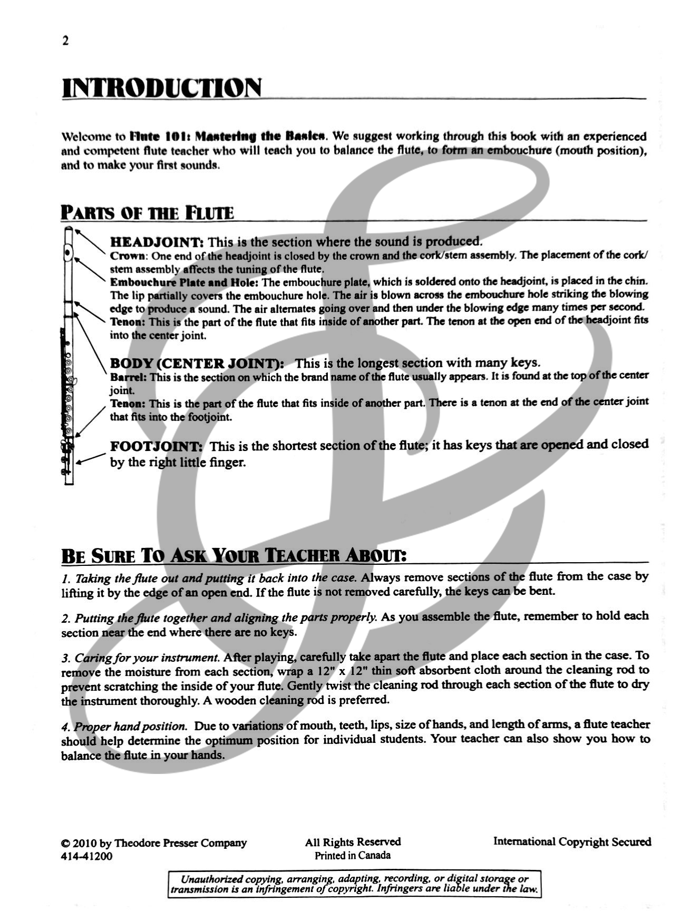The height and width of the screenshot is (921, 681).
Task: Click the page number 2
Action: point(65,41)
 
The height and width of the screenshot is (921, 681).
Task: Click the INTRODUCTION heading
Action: point(161,88)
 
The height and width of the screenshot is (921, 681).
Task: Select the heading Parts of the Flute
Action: point(147,212)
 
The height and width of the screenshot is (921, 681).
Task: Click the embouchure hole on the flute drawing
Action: point(67,253)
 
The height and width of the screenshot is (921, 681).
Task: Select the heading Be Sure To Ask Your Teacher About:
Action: point(234,555)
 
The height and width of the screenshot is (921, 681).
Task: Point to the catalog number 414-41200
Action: point(86,856)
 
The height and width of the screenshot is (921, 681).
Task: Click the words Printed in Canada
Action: point(353,856)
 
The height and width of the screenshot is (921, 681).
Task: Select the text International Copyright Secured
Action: point(572,842)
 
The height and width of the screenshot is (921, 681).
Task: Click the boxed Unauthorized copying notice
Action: point(354,884)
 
